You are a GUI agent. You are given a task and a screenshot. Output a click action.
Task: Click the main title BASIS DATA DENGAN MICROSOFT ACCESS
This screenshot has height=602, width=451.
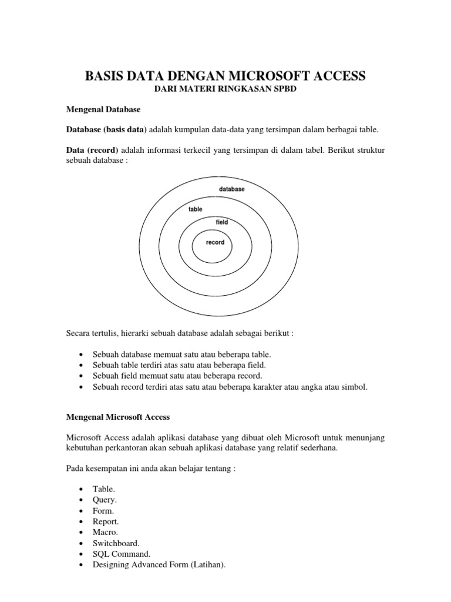pos(225,76)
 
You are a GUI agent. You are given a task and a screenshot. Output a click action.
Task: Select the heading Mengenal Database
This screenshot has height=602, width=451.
pos(102,109)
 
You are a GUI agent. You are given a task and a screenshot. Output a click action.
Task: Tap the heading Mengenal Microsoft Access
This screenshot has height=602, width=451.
pos(117,417)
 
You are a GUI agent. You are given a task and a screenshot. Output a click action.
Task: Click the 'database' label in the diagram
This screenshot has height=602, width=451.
pos(232,189)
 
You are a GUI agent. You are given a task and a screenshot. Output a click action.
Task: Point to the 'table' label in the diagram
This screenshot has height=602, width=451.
pos(195,209)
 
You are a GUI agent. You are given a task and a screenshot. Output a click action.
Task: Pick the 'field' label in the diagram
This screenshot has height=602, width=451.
pos(222,222)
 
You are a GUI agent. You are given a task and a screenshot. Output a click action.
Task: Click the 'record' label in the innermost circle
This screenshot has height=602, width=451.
pos(215,242)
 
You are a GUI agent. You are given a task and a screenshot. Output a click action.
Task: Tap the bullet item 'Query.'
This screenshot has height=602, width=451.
pos(105,500)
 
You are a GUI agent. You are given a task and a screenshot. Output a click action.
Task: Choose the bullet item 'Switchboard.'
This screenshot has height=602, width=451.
pos(116,543)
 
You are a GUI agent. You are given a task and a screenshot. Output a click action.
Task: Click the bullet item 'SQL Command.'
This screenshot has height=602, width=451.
pos(122,554)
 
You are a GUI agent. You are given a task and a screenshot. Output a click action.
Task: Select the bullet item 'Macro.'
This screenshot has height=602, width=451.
pos(106,532)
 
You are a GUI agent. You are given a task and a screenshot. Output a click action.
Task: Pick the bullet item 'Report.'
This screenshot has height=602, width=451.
pos(106,521)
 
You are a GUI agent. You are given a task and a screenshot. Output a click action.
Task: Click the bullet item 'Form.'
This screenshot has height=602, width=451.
pos(103,511)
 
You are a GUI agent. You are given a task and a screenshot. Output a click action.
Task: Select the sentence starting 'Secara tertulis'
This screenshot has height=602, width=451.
pos(180,333)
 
